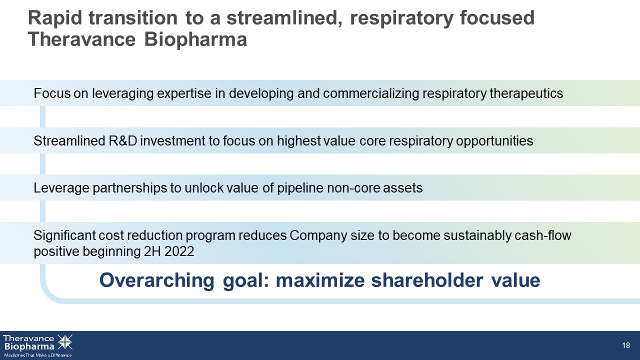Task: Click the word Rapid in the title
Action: coord(55,18)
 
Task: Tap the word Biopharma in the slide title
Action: coord(195,39)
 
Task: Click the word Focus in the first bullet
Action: coord(52,93)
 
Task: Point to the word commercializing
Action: coord(371,93)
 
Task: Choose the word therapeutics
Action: coord(526,93)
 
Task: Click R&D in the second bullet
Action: coord(123,141)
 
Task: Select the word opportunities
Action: coord(494,141)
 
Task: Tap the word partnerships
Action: coord(130,188)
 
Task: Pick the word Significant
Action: coord(64,235)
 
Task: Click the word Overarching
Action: coord(157,280)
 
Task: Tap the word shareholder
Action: coord(427,280)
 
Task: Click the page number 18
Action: coord(626,345)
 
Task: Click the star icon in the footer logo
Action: coord(65,342)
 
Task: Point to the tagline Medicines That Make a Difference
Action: coord(37,355)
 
